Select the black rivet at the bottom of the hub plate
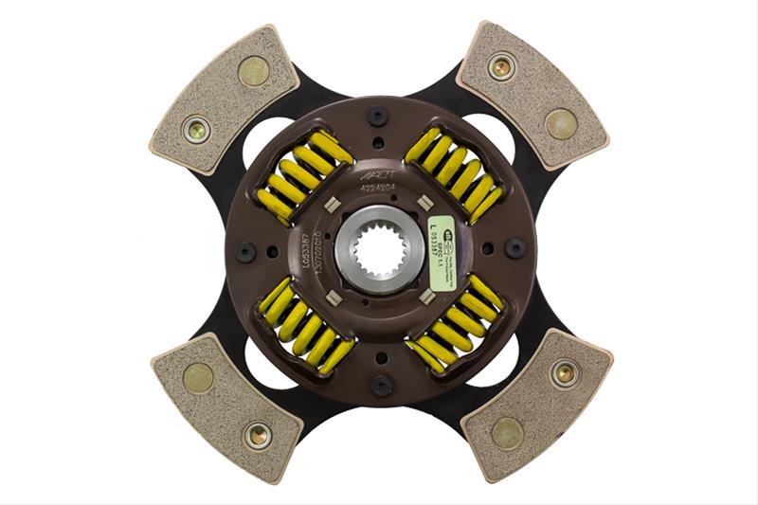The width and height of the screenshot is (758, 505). (x=381, y=385)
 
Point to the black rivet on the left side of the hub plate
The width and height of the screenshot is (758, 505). (x=245, y=252)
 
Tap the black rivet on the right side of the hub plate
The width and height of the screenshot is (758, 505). (x=514, y=248)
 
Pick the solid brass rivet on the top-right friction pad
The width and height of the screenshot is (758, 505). (x=561, y=123)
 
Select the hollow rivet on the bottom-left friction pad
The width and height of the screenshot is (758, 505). (x=257, y=436)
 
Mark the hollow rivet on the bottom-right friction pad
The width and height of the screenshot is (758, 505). (x=565, y=373)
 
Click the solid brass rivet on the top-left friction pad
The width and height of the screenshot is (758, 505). (x=253, y=70)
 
